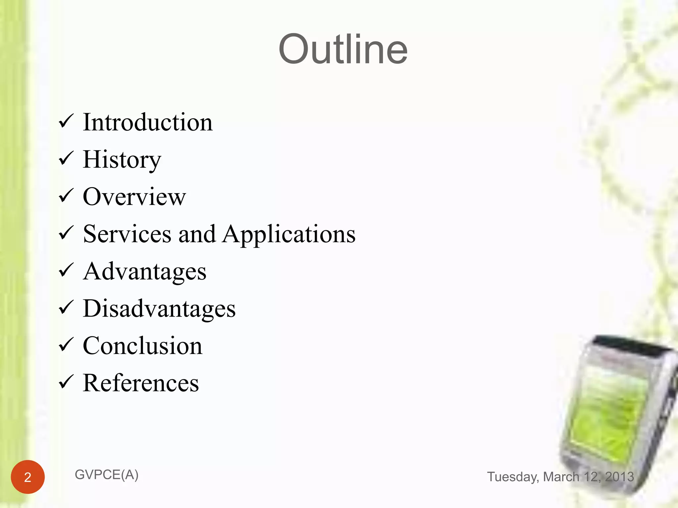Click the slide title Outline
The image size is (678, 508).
point(343,49)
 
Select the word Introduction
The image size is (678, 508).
point(148,122)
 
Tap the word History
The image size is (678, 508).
point(122,160)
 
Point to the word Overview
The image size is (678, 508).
point(134,197)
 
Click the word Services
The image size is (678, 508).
point(127,234)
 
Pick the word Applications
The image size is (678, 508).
point(289,234)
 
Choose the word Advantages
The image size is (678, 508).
point(145,272)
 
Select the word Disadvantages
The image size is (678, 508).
point(159,309)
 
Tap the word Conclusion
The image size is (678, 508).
point(142,346)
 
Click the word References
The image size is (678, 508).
point(141,383)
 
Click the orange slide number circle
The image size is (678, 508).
point(28,477)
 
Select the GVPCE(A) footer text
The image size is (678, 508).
point(107,475)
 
